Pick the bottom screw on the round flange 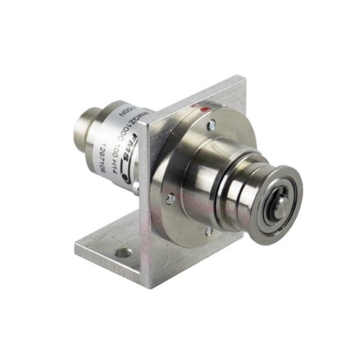[208, 231]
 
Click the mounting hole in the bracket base [124, 253]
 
